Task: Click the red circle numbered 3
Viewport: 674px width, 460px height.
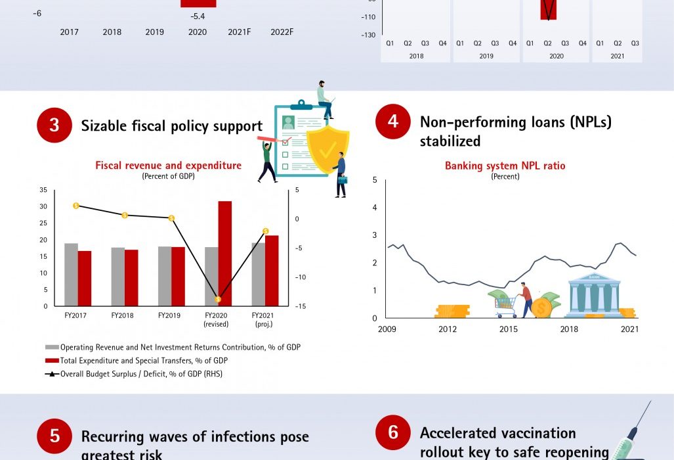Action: (54, 125)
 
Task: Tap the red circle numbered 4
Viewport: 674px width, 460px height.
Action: (393, 121)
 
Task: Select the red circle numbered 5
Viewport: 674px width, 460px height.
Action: (54, 436)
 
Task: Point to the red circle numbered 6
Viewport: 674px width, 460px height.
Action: (393, 432)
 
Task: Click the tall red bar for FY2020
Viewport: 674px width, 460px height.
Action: (225, 253)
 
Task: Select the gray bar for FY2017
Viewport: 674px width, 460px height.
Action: (71, 275)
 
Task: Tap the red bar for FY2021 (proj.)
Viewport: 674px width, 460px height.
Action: (272, 270)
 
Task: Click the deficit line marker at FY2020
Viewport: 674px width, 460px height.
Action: (218, 299)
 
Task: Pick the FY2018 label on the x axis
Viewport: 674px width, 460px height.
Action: (123, 315)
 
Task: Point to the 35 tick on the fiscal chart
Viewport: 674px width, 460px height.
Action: (43, 190)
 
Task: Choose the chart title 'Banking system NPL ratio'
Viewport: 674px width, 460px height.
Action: (505, 166)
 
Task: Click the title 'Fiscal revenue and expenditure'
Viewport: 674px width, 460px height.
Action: (168, 166)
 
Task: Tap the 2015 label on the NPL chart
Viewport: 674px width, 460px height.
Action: (508, 329)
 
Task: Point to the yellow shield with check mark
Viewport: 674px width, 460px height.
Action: (328, 149)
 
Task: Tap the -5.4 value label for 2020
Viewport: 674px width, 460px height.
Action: (198, 16)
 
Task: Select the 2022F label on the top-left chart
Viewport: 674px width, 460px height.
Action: (282, 32)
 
